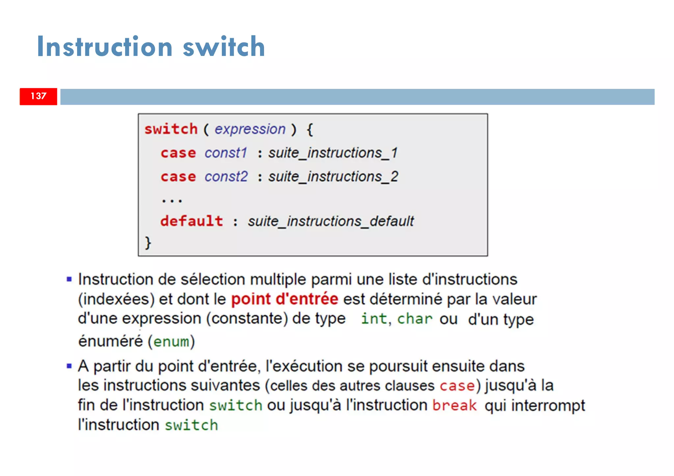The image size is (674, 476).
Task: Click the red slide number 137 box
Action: click(38, 96)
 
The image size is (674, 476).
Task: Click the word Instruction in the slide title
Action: click(105, 47)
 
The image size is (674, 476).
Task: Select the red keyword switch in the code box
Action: click(171, 129)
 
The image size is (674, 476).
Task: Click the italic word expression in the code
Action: click(250, 129)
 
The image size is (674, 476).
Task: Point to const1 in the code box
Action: click(226, 153)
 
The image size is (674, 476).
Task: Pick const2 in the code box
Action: click(226, 177)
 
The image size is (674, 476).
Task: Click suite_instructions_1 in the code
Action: click(333, 153)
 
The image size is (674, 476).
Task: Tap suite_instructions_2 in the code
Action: click(333, 177)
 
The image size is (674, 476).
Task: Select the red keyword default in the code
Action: click(192, 221)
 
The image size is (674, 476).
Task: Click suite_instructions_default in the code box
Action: click(330, 221)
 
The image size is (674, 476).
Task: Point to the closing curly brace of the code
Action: click(148, 243)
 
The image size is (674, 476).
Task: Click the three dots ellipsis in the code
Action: click(172, 200)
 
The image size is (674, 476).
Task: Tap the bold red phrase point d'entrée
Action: click(284, 299)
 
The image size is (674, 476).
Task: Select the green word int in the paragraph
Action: click(374, 319)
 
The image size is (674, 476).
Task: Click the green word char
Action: click(414, 319)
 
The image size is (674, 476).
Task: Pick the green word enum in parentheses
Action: click(171, 342)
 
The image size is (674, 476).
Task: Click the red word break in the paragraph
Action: click(454, 405)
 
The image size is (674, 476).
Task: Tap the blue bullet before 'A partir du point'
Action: click(69, 366)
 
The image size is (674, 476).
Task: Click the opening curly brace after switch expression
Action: click(310, 129)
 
